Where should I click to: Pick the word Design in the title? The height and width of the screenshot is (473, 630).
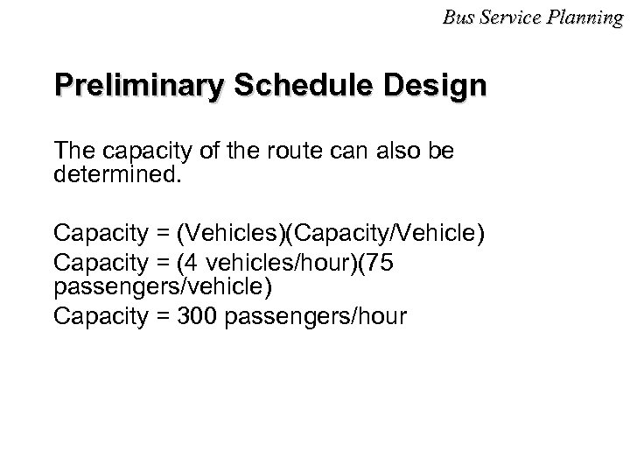[438, 88]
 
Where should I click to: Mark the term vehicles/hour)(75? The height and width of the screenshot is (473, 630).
[307, 262]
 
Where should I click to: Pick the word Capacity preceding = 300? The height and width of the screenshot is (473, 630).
[100, 316]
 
